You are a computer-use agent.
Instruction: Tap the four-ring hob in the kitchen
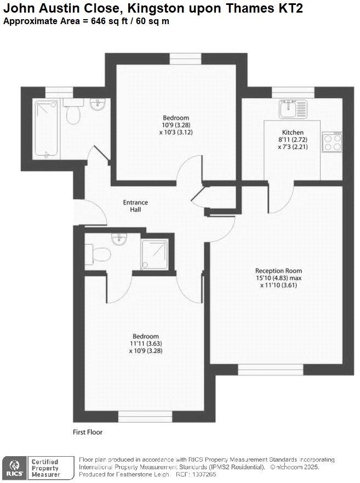332,143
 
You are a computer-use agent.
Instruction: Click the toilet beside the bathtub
72,114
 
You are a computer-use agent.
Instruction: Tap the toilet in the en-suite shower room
101,253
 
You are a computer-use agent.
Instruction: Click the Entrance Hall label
135,206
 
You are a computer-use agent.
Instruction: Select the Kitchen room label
293,133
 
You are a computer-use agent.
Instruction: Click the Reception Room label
278,271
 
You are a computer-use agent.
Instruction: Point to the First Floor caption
88,432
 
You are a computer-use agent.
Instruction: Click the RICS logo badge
14,468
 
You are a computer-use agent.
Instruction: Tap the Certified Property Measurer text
45,468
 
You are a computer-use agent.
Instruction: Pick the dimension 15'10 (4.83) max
278,278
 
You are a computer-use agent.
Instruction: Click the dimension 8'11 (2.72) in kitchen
293,140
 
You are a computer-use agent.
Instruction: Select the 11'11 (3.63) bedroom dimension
146,344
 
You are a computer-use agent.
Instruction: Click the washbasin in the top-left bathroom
98,104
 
